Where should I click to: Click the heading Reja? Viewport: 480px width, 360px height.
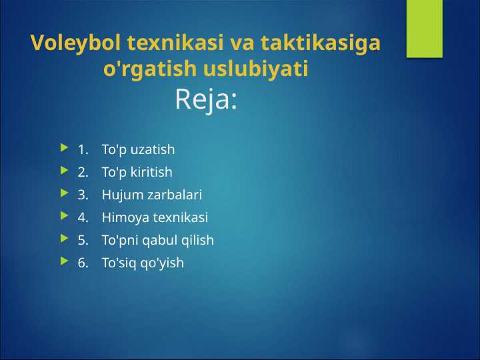[x=206, y=100]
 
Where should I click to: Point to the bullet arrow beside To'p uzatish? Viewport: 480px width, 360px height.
[x=63, y=149]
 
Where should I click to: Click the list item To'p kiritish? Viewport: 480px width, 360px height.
[x=137, y=172]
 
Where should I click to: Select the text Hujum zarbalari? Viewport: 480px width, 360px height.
[x=151, y=195]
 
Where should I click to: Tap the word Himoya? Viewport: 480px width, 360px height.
[x=125, y=217]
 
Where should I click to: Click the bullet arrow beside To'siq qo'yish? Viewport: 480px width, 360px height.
[x=63, y=262]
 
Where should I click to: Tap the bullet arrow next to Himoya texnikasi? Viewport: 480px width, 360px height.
[x=63, y=217]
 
